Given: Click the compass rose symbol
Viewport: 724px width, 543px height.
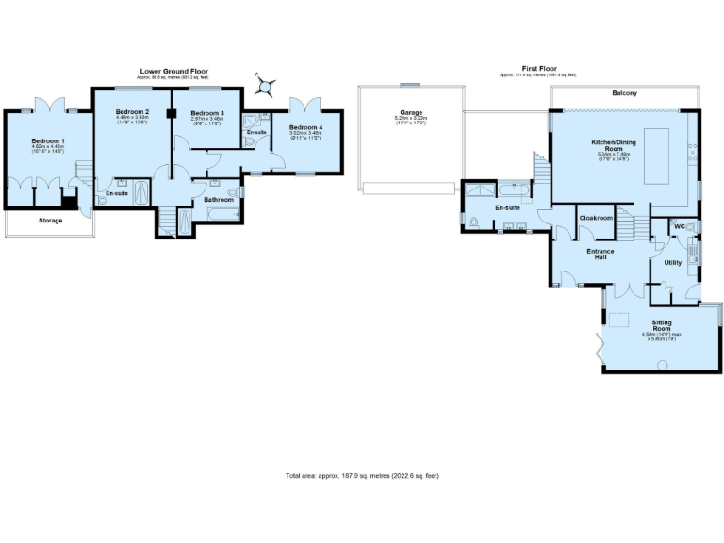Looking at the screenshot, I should click(x=267, y=88).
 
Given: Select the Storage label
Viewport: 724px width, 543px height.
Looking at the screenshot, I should click(x=50, y=221).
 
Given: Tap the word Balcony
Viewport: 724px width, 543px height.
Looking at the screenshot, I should click(x=624, y=93).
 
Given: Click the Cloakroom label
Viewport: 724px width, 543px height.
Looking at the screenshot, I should click(x=596, y=218).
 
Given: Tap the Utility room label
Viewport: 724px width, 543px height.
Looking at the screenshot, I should click(x=673, y=263).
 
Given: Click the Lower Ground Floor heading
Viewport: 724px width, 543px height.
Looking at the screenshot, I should click(x=173, y=72).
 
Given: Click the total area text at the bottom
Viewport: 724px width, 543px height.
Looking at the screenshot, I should click(x=362, y=475).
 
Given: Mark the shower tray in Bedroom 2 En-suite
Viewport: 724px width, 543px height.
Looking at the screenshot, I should click(x=140, y=192).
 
